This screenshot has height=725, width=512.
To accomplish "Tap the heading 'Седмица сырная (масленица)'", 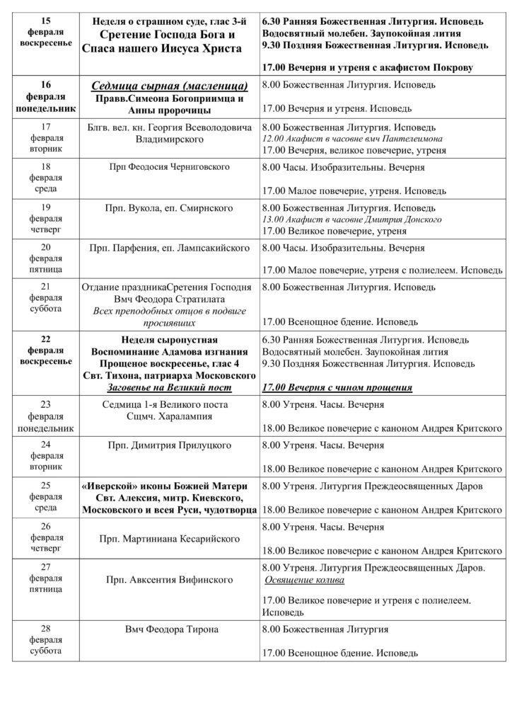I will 170,86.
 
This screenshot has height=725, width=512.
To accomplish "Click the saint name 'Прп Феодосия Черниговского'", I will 170,166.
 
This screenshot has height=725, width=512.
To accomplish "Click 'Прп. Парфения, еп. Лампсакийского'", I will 170,249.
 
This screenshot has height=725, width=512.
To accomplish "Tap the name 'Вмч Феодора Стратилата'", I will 170,299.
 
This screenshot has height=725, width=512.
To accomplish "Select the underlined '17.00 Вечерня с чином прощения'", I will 337,388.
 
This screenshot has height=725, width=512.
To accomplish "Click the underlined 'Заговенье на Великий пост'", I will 170,387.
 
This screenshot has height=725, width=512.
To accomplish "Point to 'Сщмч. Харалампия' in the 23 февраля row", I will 170,416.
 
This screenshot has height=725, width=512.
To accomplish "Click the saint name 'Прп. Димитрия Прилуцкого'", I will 170,445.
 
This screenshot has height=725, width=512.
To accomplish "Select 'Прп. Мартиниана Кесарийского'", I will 170,539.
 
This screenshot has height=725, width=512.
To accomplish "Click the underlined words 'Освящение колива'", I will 304,580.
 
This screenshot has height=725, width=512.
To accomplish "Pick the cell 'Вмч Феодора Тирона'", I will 170,629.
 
